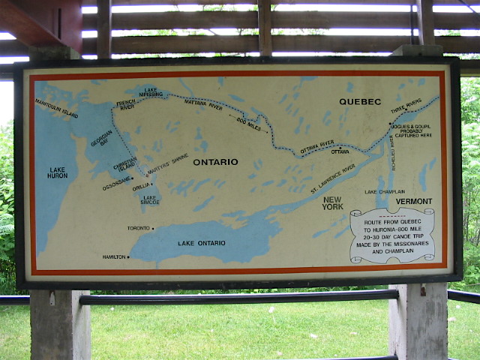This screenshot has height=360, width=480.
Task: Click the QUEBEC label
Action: point(360,101)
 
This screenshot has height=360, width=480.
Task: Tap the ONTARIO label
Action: point(215,162)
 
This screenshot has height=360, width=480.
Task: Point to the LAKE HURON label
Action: point(58,172)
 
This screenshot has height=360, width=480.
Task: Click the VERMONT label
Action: point(415,201)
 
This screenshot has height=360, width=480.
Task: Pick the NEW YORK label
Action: point(332,202)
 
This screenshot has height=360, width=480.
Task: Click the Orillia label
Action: point(142,187)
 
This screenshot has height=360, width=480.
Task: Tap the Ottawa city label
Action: point(339,151)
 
